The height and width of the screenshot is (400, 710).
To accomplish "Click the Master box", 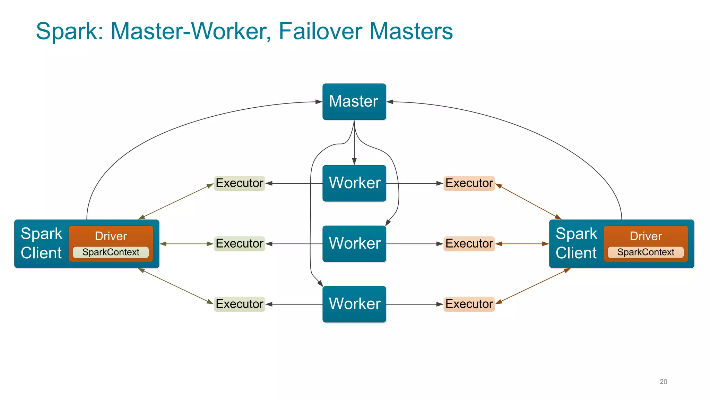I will click(x=354, y=101).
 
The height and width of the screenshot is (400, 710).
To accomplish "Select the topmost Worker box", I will click(x=354, y=183).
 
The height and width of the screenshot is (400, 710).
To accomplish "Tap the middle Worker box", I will click(x=354, y=243).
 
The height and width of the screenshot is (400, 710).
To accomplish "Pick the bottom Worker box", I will click(x=354, y=304).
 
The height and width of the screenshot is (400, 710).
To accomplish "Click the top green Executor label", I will click(x=239, y=183).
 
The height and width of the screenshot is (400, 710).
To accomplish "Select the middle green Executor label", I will click(x=239, y=243).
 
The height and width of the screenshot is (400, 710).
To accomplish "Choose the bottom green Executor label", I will click(x=239, y=304).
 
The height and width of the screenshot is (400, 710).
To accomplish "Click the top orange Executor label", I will click(x=469, y=183).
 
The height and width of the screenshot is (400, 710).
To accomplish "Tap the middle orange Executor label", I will click(x=469, y=243).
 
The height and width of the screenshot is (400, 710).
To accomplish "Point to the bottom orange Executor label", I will click(x=469, y=304).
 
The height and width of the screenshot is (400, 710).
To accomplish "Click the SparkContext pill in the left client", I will click(x=111, y=252).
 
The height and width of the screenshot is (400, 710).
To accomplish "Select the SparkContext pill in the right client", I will click(x=646, y=252).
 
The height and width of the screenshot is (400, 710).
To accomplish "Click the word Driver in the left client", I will click(x=111, y=236).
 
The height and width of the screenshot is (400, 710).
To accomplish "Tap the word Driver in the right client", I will click(x=646, y=236).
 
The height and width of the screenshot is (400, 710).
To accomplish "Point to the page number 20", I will click(x=663, y=382).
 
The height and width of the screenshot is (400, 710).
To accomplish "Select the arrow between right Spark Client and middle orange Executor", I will click(x=522, y=244).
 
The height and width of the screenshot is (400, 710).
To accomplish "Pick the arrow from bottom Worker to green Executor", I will click(x=295, y=304).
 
